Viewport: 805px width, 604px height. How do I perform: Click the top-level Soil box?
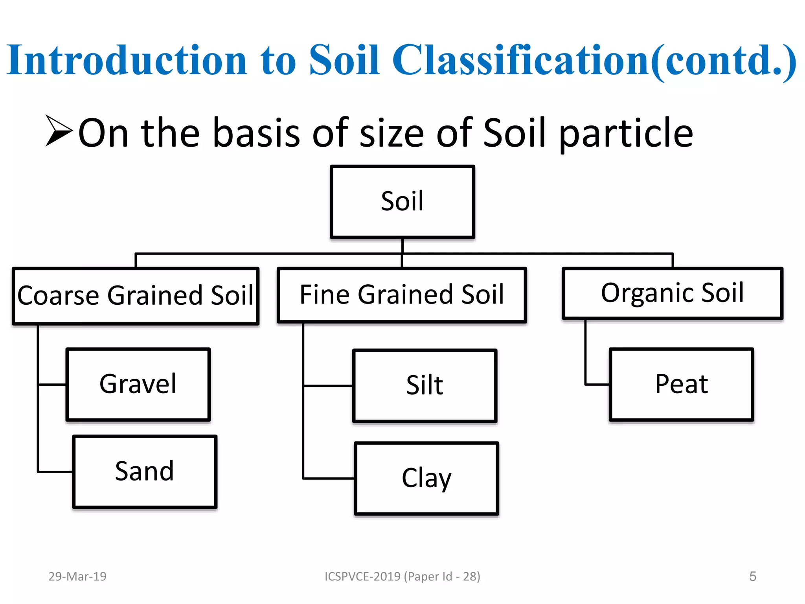click(x=402, y=202)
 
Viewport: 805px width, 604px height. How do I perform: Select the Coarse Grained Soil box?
click(x=136, y=296)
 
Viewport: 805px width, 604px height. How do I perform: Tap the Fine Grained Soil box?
click(x=402, y=295)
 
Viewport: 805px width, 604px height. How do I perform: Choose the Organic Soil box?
click(x=673, y=293)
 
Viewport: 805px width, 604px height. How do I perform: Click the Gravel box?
click(x=138, y=384)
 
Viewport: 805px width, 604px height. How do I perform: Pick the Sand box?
click(x=145, y=471)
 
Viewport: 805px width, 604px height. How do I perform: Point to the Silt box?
click(x=425, y=386)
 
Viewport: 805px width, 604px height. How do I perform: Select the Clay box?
click(x=426, y=478)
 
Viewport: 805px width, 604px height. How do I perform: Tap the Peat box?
click(x=681, y=384)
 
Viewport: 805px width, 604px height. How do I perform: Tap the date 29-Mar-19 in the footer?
click(x=77, y=576)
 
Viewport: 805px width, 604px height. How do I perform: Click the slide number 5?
click(x=752, y=576)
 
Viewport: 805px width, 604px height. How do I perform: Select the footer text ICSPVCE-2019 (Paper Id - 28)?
click(x=402, y=576)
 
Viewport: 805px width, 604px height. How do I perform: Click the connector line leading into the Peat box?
click(x=597, y=384)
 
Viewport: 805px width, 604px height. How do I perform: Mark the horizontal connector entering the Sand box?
click(x=55, y=471)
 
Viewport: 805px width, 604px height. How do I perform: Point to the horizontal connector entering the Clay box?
click(x=329, y=478)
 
